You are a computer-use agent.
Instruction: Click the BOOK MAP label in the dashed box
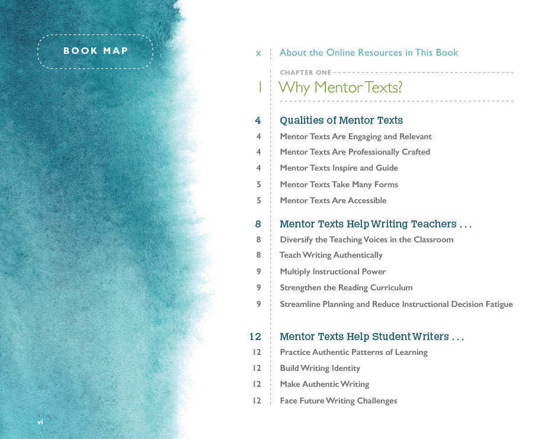[95, 51]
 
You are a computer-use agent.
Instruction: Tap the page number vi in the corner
[40, 422]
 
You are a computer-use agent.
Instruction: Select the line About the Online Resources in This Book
[369, 53]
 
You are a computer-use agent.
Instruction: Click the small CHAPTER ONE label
[306, 73]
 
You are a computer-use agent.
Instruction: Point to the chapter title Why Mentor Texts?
[340, 88]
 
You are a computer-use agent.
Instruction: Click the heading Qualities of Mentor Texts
[341, 120]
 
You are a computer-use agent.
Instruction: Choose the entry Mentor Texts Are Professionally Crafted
[354, 152]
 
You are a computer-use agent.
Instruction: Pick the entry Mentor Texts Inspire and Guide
[338, 168]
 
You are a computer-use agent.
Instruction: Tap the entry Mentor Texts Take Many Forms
[338, 184]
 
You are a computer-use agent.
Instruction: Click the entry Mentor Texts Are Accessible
[333, 200]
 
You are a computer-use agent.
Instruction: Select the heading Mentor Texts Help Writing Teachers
[376, 224]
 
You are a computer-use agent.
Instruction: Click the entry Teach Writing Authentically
[331, 255]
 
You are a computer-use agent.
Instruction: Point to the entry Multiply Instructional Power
[332, 271]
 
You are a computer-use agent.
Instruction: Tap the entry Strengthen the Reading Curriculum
[346, 287]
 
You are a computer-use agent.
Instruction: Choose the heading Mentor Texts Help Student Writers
[371, 337]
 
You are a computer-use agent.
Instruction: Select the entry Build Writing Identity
[320, 368]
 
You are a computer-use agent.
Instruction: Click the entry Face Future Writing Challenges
[338, 400]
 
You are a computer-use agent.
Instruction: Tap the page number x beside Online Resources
[258, 53]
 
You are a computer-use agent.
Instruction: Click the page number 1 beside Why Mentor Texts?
[260, 88]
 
